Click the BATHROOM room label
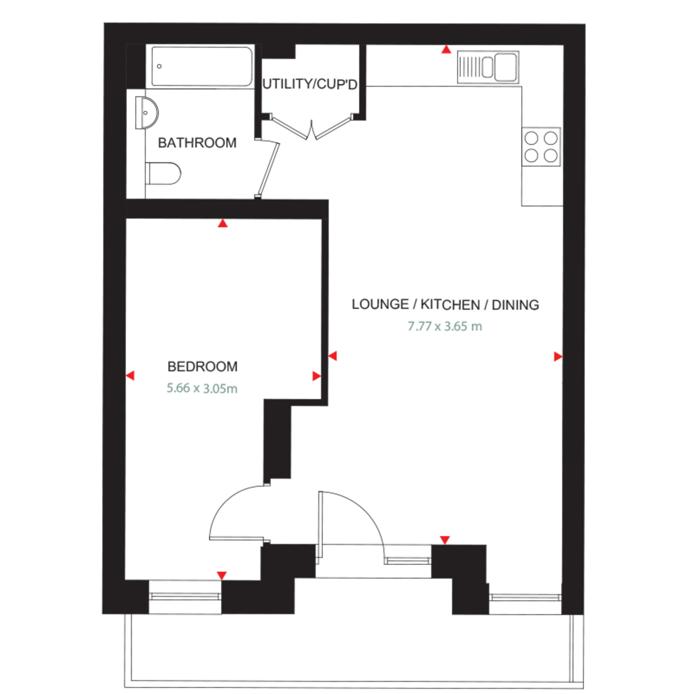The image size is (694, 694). pyautogui.click(x=197, y=143)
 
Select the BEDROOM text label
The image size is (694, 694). pyautogui.click(x=203, y=367)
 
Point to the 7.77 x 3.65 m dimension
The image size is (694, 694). pyautogui.click(x=445, y=326)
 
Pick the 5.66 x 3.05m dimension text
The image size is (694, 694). pyautogui.click(x=202, y=388)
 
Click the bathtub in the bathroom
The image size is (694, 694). pyautogui.click(x=202, y=67)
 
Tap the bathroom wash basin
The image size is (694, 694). pyautogui.click(x=147, y=112)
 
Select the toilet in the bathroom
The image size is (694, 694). pyautogui.click(x=163, y=173)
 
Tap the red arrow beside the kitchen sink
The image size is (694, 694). pyautogui.click(x=446, y=50)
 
